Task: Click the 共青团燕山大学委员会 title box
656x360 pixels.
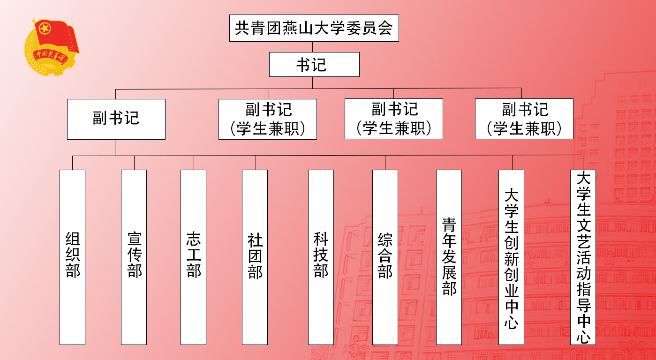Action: [314, 28]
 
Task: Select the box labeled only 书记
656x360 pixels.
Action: [314, 64]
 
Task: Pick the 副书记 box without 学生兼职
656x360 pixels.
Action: [116, 119]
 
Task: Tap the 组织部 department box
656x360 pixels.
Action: [72, 257]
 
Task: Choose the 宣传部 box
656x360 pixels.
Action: [134, 257]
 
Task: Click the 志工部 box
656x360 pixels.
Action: [193, 257]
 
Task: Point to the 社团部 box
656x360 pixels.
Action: [255, 257]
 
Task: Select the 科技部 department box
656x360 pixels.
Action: [321, 257]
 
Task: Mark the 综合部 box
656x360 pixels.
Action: [385, 257]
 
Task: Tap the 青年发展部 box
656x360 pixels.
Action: [449, 257]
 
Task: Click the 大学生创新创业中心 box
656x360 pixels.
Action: [511, 257]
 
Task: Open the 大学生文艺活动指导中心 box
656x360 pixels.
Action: [583, 257]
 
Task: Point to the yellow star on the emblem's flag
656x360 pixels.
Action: [45, 29]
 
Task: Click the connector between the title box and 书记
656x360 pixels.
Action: [313, 47]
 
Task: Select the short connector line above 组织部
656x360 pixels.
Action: [73, 162]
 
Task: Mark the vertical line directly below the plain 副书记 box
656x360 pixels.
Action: [115, 147]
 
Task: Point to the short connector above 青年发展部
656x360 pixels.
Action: [449, 162]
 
